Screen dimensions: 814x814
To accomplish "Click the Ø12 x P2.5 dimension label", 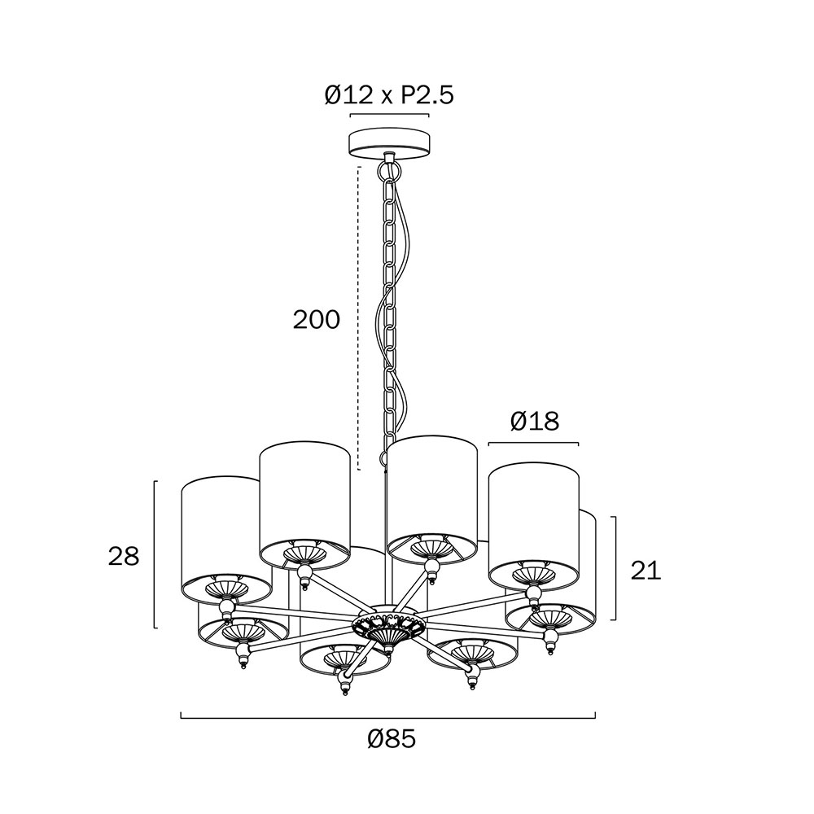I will pyautogui.click(x=388, y=95).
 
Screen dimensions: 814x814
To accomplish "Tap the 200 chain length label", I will pyautogui.click(x=317, y=320).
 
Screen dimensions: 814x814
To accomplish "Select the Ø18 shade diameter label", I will pyautogui.click(x=535, y=421).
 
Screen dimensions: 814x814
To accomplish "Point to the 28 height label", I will pyautogui.click(x=124, y=556).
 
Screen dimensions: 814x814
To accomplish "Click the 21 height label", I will pyautogui.click(x=646, y=570).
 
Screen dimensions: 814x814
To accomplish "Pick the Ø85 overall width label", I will pyautogui.click(x=392, y=738).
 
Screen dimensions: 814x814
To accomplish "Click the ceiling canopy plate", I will pyautogui.click(x=389, y=143).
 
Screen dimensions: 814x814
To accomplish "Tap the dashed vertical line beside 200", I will pyautogui.click(x=359, y=317).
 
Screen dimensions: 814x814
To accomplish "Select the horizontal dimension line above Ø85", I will pyautogui.click(x=387, y=717).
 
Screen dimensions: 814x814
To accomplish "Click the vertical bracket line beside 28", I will pyautogui.click(x=155, y=554).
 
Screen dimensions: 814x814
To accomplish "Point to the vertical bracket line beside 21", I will pyautogui.click(x=615, y=567).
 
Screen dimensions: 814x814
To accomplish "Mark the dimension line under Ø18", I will pyautogui.click(x=533, y=444).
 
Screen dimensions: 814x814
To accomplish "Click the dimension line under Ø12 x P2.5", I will pyautogui.click(x=389, y=116).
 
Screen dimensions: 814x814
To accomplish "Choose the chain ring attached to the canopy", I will pyautogui.click(x=389, y=171).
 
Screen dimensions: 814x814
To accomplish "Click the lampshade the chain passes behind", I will pyautogui.click(x=431, y=492).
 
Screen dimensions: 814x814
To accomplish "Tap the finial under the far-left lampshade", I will pyautogui.click(x=242, y=655).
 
